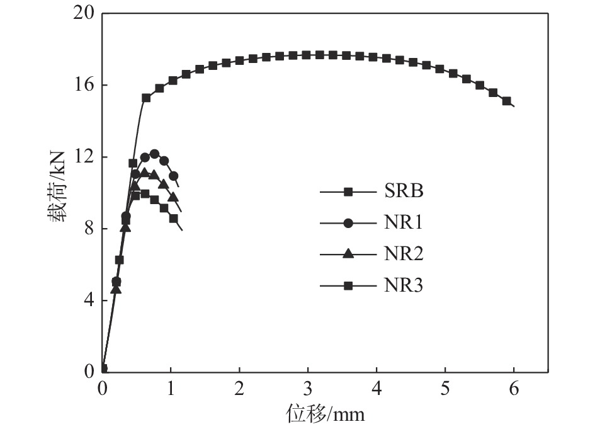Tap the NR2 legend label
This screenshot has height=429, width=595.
pos(404,255)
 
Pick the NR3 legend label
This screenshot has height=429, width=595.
pos(404,286)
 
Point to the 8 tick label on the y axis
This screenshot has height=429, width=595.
pos(88,229)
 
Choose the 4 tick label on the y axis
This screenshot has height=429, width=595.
pos(88,300)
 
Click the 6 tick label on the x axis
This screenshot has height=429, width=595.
pos(514,388)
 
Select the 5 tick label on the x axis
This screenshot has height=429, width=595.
pos(445,388)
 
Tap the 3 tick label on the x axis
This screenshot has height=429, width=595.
pos(308,388)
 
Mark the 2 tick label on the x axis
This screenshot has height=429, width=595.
pos(240,388)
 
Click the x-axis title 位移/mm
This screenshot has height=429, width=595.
pos(326,414)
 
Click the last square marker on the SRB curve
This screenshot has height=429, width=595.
pos(506,101)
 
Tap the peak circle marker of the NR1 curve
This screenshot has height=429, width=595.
pos(154,154)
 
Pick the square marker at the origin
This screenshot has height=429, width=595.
pos(103,369)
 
